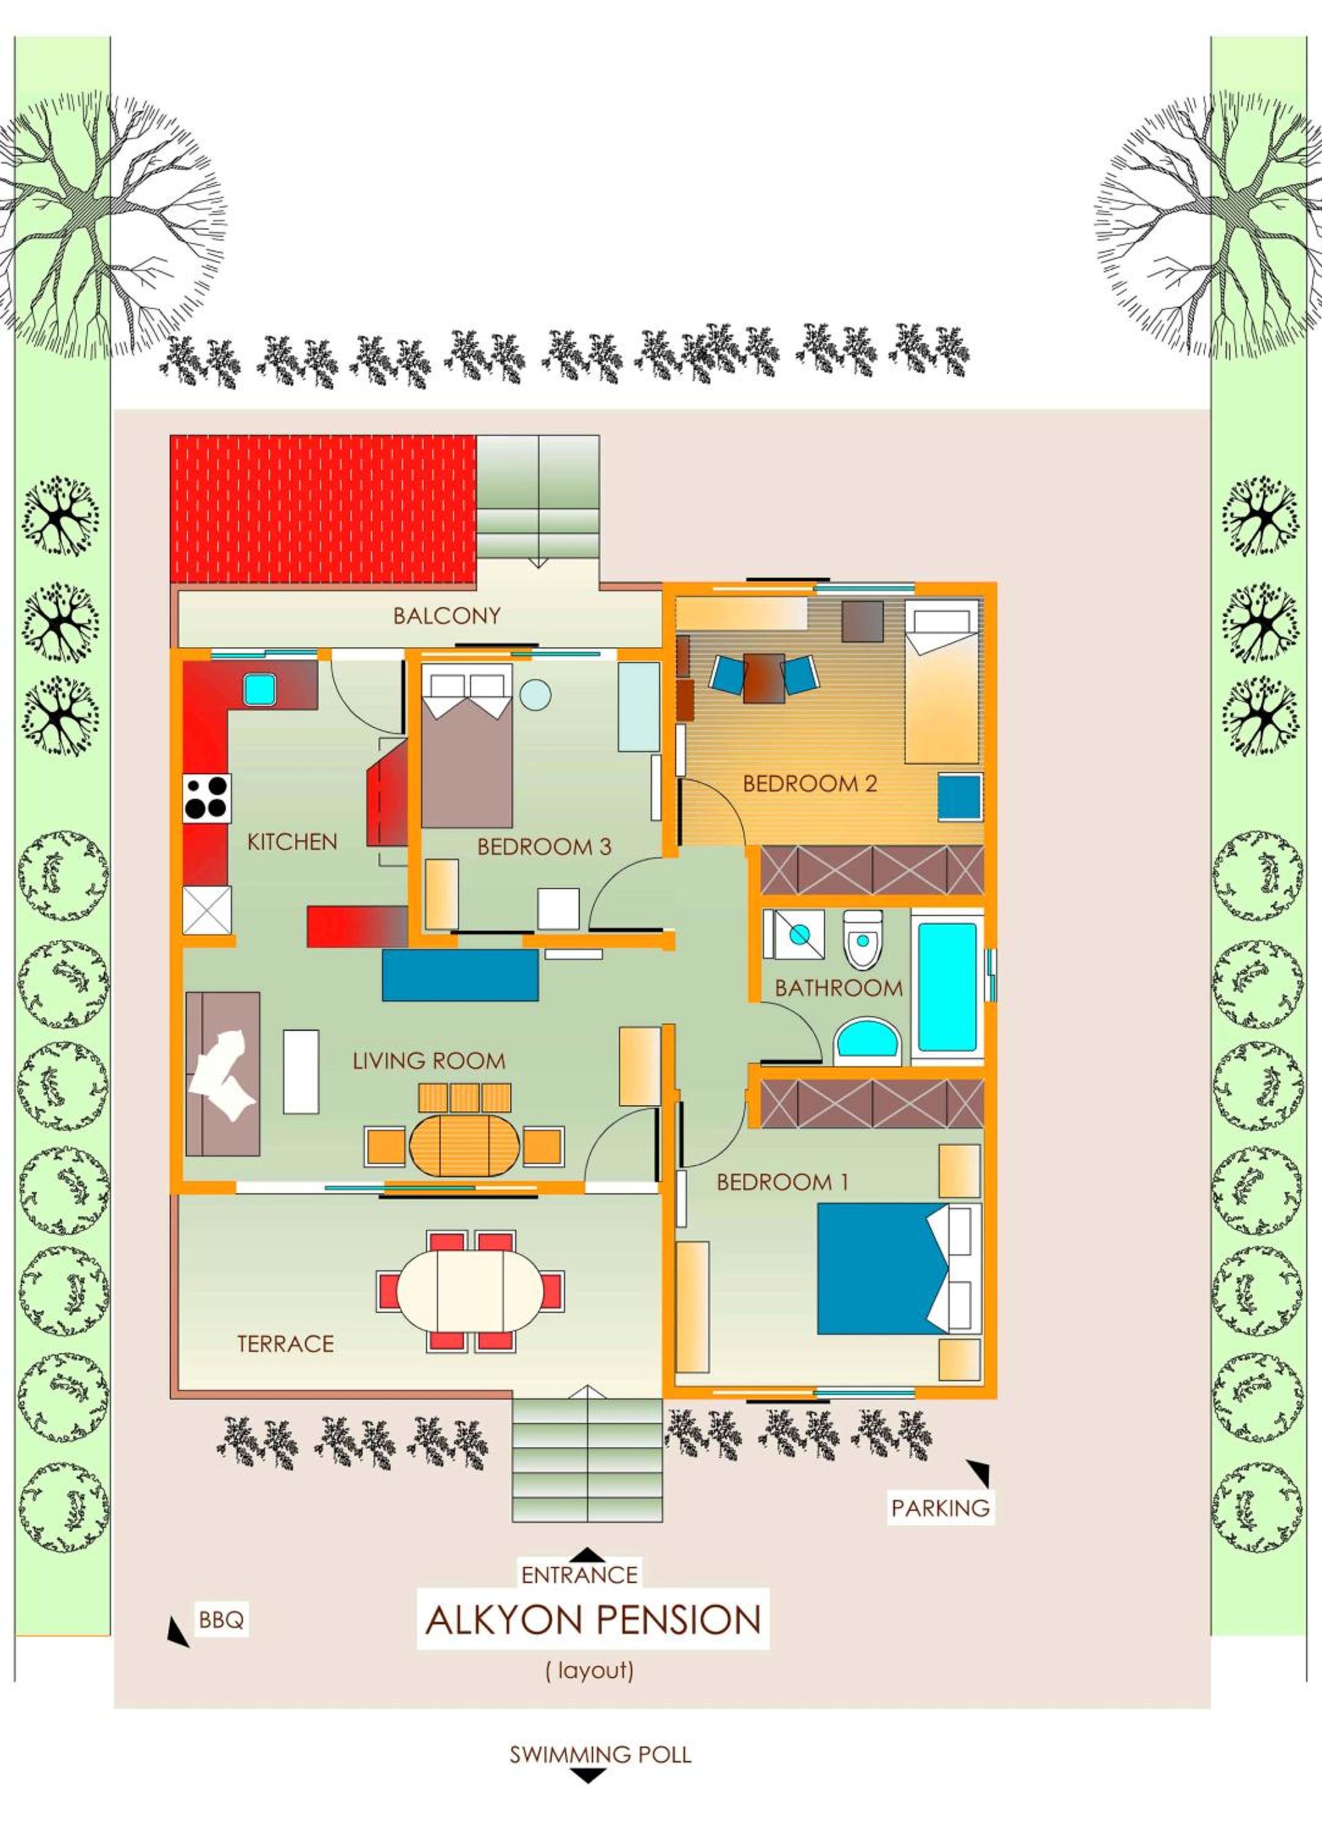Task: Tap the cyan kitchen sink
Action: (x=260, y=688)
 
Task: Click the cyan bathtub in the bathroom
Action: (x=947, y=986)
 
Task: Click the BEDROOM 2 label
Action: (x=809, y=783)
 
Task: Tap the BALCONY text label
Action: (x=447, y=616)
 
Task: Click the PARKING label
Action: (x=940, y=1508)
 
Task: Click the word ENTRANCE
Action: (x=580, y=1574)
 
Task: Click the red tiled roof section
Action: (x=322, y=509)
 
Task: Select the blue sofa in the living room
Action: (x=460, y=975)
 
